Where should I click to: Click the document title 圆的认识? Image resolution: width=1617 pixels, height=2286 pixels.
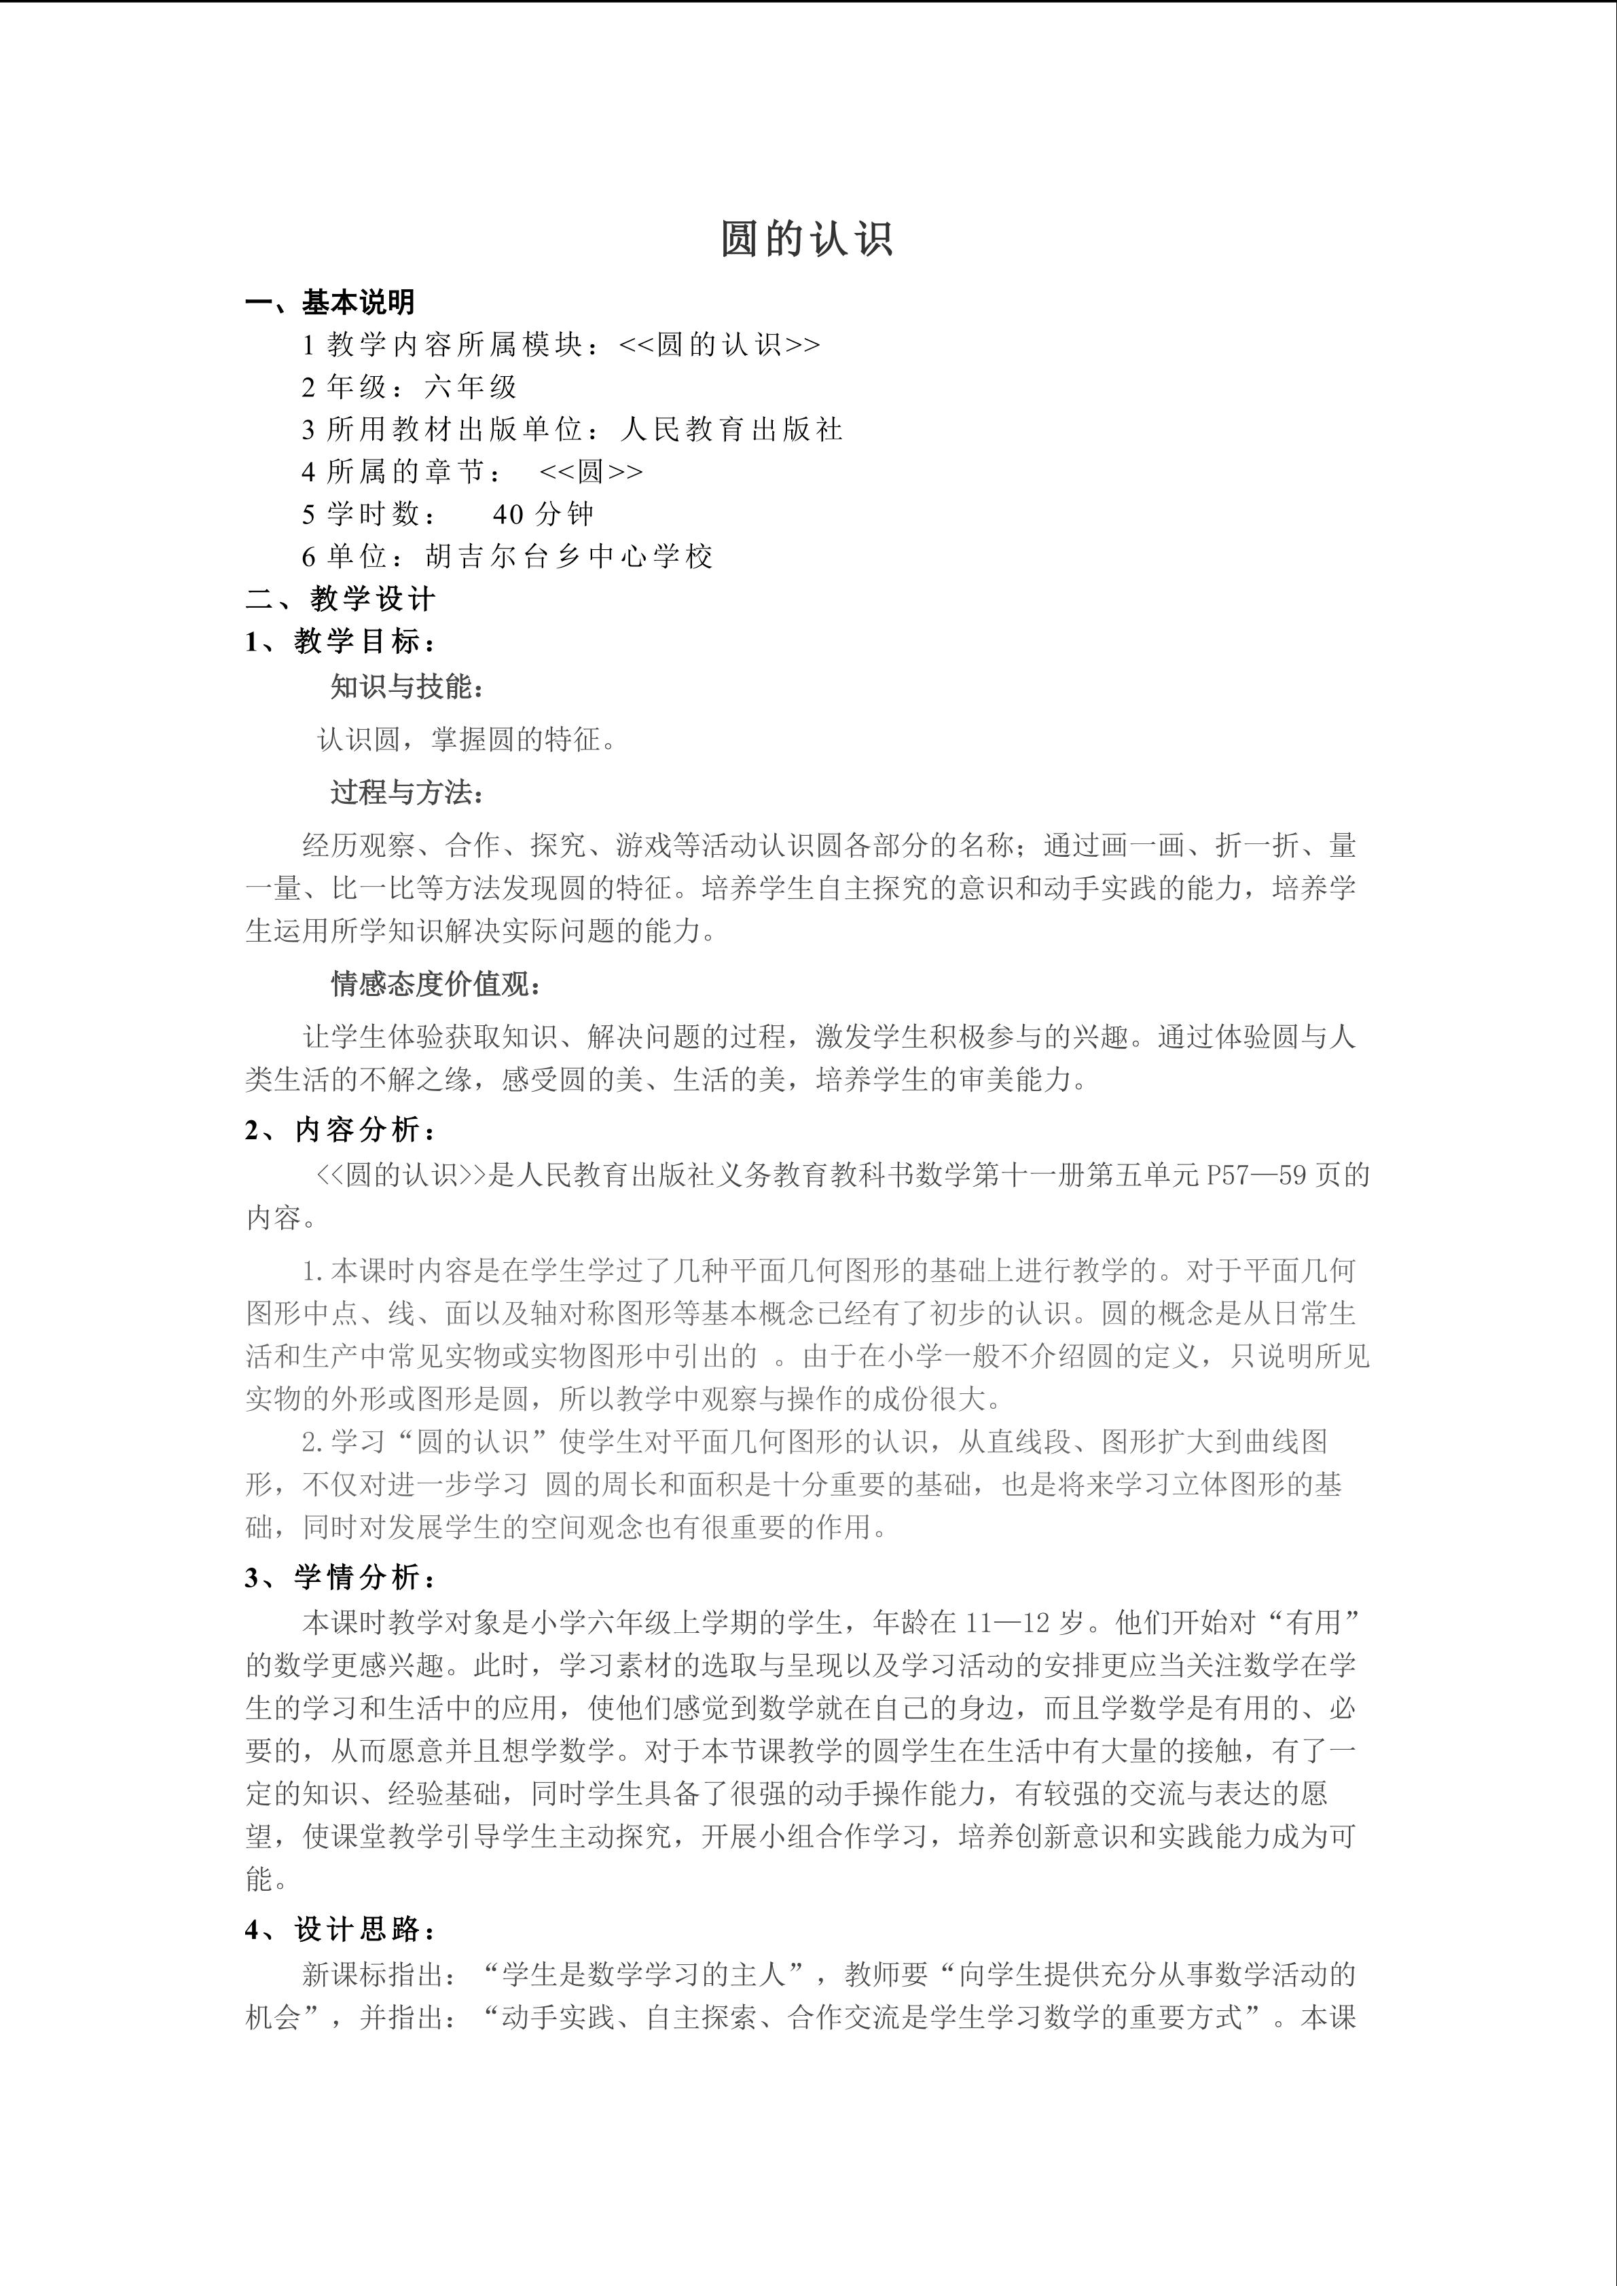click(x=807, y=240)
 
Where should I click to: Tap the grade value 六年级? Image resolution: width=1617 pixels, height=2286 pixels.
click(x=470, y=386)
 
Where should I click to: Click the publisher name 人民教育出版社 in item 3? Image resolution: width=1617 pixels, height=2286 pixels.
click(x=732, y=429)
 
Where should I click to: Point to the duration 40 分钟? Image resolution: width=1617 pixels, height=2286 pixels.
click(x=543, y=514)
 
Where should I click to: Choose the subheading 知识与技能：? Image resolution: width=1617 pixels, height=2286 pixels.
click(x=408, y=687)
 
